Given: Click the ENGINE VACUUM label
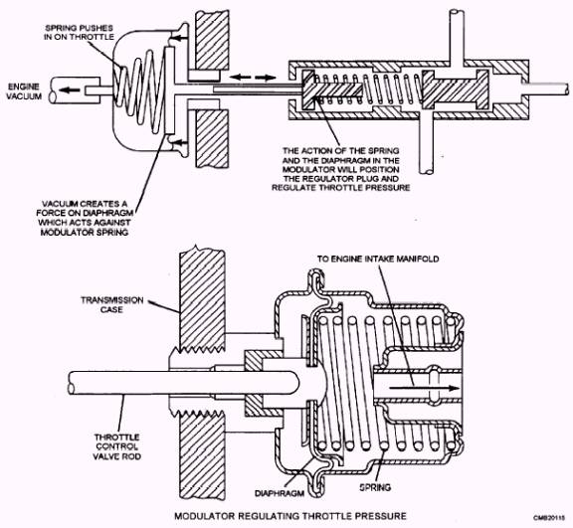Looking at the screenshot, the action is click(25, 91).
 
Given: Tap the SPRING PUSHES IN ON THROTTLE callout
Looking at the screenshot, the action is click(79, 33).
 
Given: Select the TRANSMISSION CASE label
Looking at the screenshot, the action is click(111, 304).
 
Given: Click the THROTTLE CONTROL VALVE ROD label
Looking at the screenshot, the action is click(116, 446).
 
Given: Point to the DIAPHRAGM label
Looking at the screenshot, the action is click(280, 493).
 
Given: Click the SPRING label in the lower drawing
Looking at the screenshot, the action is click(375, 487).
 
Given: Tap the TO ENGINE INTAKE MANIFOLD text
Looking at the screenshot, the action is click(378, 259).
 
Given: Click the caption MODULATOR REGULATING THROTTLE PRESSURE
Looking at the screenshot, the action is click(290, 516).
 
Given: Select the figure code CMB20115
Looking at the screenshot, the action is click(549, 518).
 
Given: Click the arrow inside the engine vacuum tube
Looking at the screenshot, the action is click(70, 89).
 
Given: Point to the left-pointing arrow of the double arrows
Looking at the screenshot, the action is click(240, 77).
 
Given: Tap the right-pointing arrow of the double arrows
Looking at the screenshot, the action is click(266, 77).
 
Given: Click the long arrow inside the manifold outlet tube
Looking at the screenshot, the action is click(424, 388).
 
